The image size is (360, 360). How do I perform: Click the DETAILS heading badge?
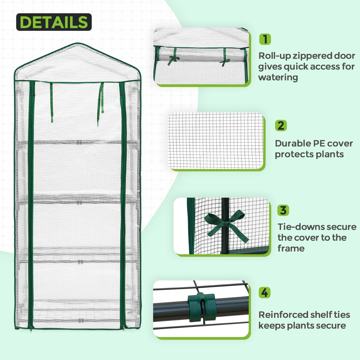54,22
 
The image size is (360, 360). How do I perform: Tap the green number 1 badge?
265,39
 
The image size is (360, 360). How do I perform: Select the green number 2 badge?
281,125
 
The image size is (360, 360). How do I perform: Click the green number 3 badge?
283,210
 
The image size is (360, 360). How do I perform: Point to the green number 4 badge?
265,293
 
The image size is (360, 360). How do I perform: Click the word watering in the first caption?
278,77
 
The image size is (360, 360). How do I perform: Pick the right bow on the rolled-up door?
225,62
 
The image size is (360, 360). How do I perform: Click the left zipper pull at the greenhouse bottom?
31,328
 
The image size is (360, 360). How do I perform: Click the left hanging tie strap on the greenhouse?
51,102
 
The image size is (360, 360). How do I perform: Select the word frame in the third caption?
291,249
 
